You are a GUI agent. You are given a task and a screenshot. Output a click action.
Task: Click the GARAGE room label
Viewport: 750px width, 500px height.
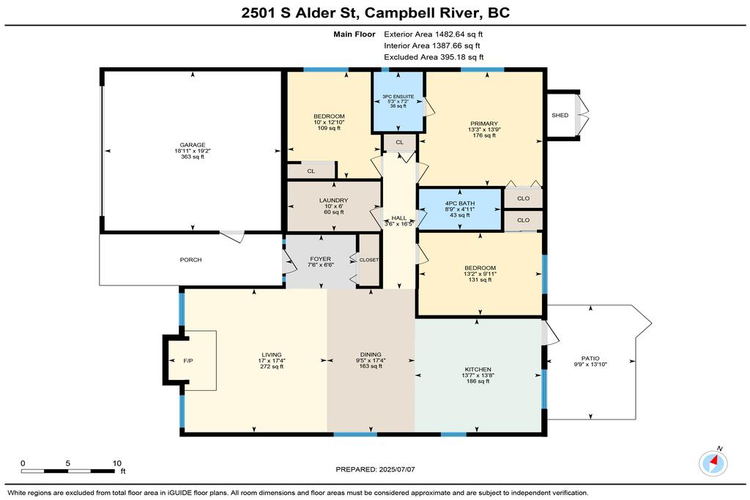tap(193, 145)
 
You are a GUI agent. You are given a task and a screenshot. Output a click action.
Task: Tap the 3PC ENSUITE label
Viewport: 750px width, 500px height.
tap(398, 97)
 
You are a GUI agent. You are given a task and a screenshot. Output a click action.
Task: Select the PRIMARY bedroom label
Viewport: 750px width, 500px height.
tap(484, 123)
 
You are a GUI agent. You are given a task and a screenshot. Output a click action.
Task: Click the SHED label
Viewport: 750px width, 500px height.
tap(560, 115)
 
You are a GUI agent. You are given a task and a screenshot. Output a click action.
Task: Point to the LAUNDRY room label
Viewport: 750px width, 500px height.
tap(334, 201)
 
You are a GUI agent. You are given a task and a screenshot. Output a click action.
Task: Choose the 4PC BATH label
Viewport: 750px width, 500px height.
tap(460, 204)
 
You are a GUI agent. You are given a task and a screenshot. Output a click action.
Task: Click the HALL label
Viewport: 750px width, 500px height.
tap(399, 218)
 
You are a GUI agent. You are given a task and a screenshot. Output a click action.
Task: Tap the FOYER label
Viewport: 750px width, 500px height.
tap(321, 259)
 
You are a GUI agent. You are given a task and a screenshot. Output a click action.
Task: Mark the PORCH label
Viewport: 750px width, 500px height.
tap(191, 260)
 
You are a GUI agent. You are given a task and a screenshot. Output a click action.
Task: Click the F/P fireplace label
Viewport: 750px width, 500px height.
tap(188, 361)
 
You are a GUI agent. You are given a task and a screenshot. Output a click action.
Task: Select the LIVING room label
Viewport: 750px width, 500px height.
tap(272, 355)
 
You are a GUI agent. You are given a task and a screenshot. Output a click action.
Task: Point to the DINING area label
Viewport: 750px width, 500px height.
tap(371, 354)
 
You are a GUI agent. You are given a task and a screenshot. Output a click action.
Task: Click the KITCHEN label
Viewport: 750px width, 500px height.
tap(478, 370)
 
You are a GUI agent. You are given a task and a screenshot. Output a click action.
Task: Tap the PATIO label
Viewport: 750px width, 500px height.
tap(590, 359)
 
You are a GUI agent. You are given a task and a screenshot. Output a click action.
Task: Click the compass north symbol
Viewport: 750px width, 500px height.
tap(713, 463)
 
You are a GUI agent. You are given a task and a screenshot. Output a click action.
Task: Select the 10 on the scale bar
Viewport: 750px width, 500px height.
tap(117, 463)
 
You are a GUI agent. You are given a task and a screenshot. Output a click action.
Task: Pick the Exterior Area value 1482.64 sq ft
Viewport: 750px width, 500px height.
tap(458, 34)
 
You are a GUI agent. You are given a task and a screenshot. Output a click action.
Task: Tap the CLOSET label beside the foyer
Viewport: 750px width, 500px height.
tap(369, 260)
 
